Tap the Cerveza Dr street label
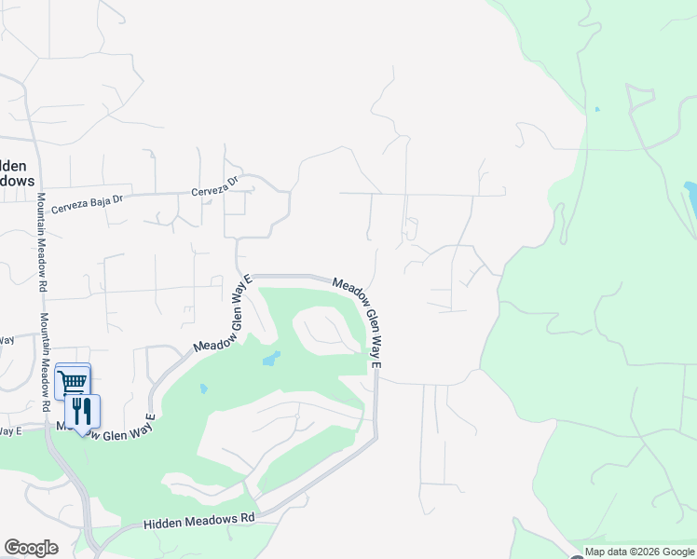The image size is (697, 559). [x=215, y=186]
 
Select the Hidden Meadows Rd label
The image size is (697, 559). [x=199, y=522]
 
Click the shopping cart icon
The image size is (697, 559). [x=73, y=380]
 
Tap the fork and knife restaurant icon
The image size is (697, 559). [x=82, y=411]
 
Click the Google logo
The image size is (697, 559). [x=31, y=548]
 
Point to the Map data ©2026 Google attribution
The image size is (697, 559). [x=640, y=552]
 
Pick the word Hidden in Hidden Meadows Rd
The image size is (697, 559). [x=162, y=525]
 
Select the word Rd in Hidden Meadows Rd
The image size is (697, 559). [x=247, y=516]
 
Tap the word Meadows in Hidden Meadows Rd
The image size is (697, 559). [x=209, y=521]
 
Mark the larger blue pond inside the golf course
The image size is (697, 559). [x=271, y=359]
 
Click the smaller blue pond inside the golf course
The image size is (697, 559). [x=203, y=389]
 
